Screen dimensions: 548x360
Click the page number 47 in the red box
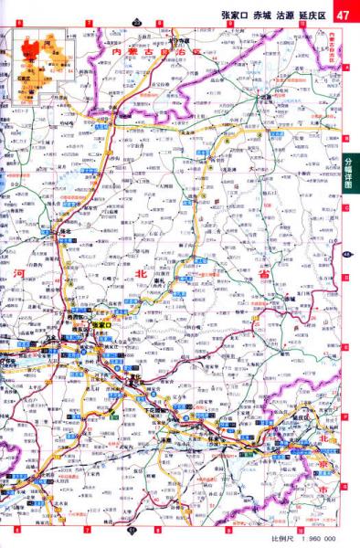344,16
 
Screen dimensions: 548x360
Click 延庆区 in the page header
316,16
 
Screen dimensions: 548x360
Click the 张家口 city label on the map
101,325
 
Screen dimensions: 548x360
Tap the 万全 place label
43,338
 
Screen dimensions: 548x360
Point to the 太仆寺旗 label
183,42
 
